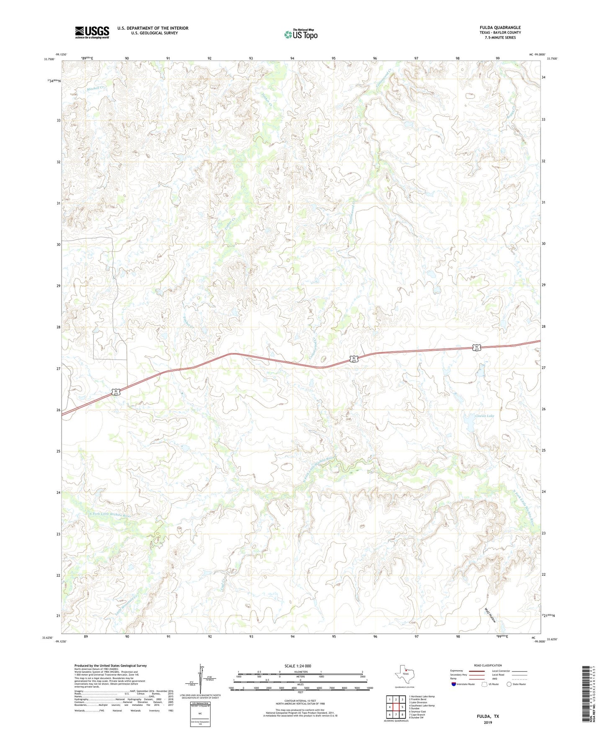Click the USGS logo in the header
[92, 32]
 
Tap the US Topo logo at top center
[301, 34]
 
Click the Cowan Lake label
[484, 416]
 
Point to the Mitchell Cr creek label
[95, 88]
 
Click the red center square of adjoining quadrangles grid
[396, 707]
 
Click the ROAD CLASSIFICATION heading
[488, 665]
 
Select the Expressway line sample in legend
[477, 671]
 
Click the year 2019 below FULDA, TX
[488, 723]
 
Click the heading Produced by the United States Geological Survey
[111, 665]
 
